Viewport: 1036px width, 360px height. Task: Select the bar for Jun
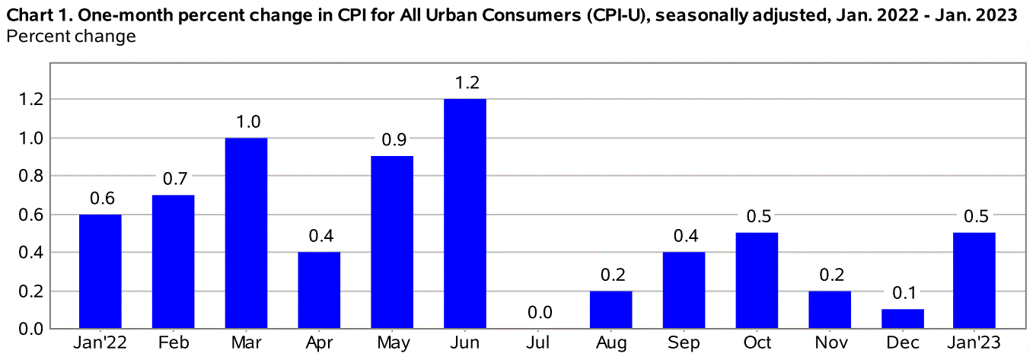click(465, 213)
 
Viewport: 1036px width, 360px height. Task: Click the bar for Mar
click(246, 233)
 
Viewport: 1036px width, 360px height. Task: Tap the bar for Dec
click(902, 318)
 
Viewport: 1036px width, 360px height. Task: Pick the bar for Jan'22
click(100, 271)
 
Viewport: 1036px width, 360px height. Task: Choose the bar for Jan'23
click(974, 280)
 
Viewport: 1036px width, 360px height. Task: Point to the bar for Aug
click(610, 310)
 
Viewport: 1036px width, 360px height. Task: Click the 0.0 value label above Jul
click(540, 312)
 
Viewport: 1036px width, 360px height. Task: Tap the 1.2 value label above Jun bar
click(467, 83)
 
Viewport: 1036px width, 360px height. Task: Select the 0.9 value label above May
click(394, 140)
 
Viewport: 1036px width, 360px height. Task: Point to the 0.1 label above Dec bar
click(904, 293)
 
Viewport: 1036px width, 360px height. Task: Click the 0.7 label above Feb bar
click(175, 179)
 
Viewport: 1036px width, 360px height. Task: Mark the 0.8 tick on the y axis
click(30, 177)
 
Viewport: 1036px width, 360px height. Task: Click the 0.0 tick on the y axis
click(30, 329)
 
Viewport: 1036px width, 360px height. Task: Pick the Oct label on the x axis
click(757, 343)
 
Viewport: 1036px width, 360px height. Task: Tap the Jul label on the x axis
click(538, 343)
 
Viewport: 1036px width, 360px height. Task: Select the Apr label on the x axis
click(319, 343)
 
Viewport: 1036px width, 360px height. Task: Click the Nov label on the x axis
click(831, 343)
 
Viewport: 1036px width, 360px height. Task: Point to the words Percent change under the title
click(72, 36)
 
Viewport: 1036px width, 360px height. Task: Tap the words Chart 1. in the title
click(40, 15)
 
